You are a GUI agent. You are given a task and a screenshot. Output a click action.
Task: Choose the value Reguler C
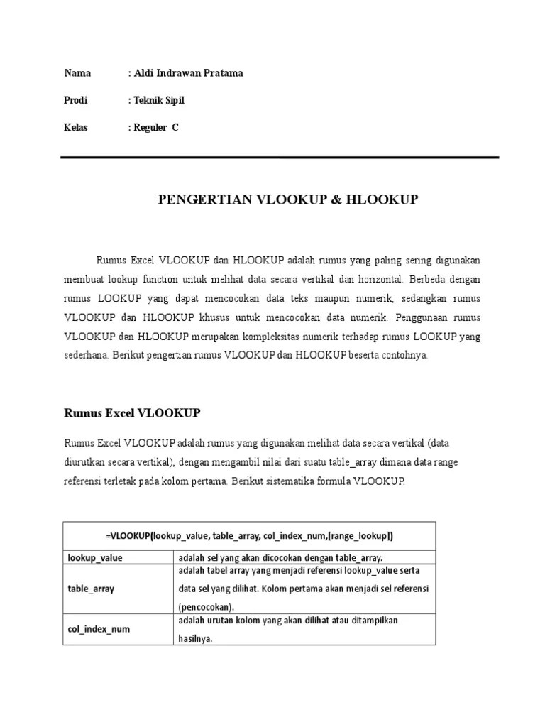[155, 127]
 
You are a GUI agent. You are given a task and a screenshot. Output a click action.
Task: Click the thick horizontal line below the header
[280, 158]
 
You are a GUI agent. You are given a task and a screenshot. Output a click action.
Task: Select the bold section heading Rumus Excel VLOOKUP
[132, 412]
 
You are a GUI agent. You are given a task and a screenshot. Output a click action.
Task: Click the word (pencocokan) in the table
[206, 606]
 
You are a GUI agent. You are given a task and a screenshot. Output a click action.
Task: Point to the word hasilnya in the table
[196, 638]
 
